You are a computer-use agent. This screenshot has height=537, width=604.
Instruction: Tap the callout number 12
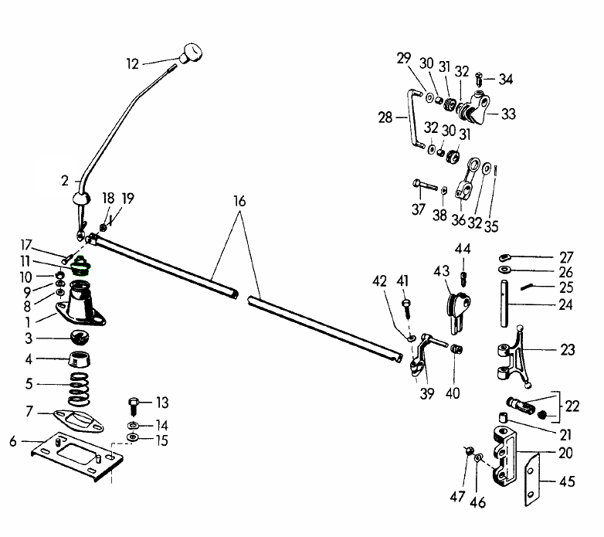click(x=132, y=65)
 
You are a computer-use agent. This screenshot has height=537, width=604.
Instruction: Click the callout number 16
click(x=239, y=201)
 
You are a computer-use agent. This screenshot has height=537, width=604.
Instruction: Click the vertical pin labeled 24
click(x=504, y=306)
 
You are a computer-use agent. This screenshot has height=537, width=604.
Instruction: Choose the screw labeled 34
click(x=480, y=79)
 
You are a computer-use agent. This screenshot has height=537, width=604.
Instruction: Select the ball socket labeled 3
click(x=80, y=338)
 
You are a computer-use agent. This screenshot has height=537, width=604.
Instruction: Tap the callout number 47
click(x=457, y=497)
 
